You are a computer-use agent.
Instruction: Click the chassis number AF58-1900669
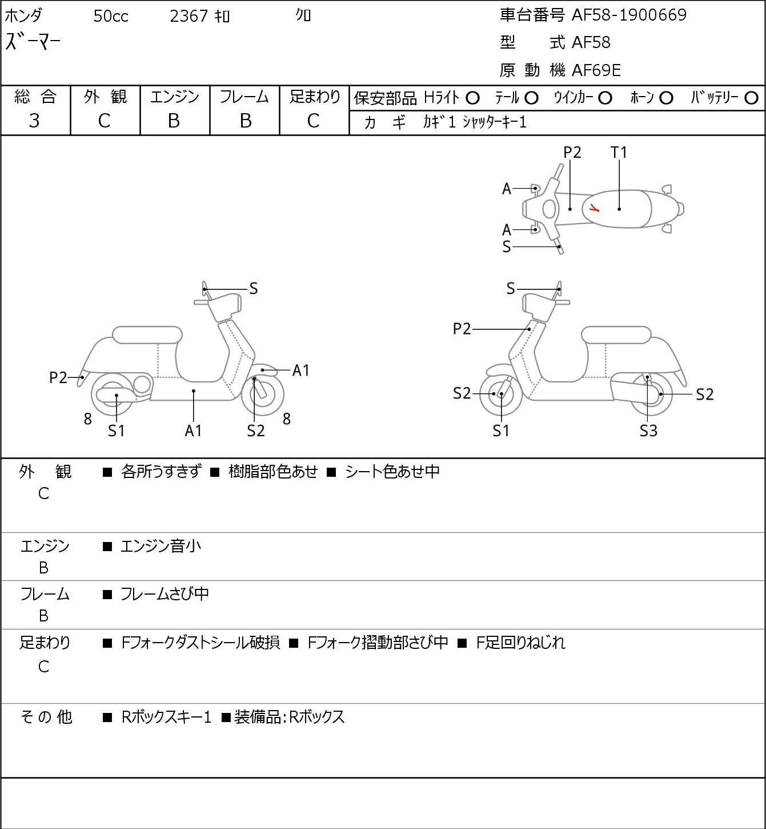[629, 15]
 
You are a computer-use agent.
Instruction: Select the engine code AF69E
[596, 70]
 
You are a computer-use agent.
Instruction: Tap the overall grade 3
[34, 121]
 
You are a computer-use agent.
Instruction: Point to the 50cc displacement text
[111, 16]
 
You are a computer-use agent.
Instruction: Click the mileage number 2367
[189, 16]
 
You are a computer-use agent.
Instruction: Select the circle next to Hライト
[472, 98]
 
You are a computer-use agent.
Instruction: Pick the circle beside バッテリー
[751, 98]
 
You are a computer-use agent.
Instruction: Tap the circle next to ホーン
[666, 98]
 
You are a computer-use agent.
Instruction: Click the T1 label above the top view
[619, 152]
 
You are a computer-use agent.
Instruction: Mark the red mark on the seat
[593, 207]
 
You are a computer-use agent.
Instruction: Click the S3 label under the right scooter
[648, 431]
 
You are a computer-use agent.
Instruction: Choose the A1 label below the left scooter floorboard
[193, 431]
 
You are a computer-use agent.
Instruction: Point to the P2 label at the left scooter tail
[58, 377]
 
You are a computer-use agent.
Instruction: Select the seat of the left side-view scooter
[147, 335]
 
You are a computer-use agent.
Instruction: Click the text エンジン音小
[161, 546]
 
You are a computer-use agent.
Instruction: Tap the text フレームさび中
[165, 593]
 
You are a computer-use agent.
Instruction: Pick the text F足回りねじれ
[521, 643]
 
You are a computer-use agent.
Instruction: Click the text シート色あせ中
[392, 471]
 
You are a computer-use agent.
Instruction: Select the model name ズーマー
[33, 42]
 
